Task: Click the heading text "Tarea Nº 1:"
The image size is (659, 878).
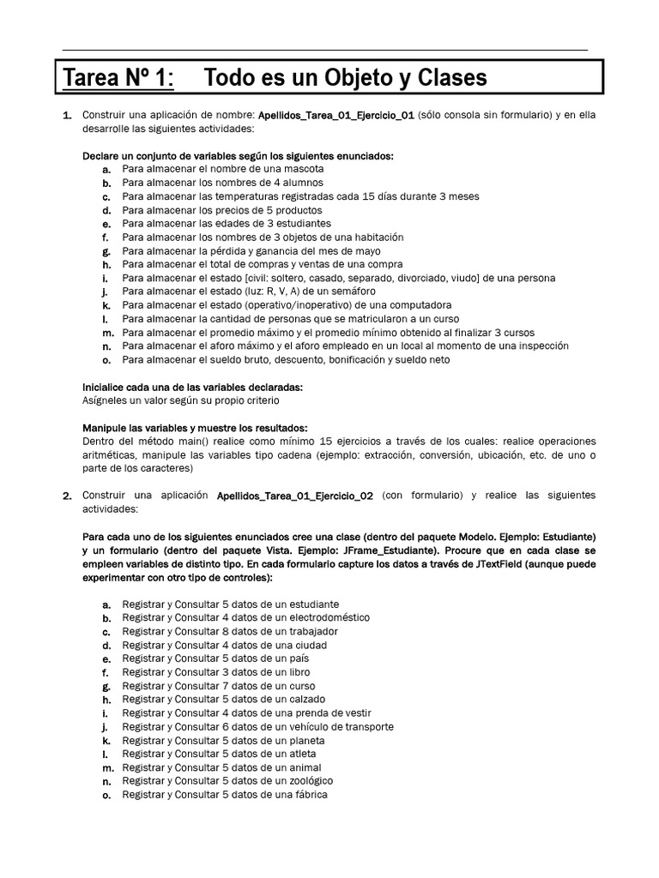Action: [118, 79]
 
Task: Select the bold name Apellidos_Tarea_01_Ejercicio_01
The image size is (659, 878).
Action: [336, 115]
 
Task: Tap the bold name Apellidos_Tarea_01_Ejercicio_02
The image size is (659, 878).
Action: [294, 496]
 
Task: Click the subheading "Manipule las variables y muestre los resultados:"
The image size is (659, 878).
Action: [194, 428]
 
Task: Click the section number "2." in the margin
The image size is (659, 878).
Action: [67, 496]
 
